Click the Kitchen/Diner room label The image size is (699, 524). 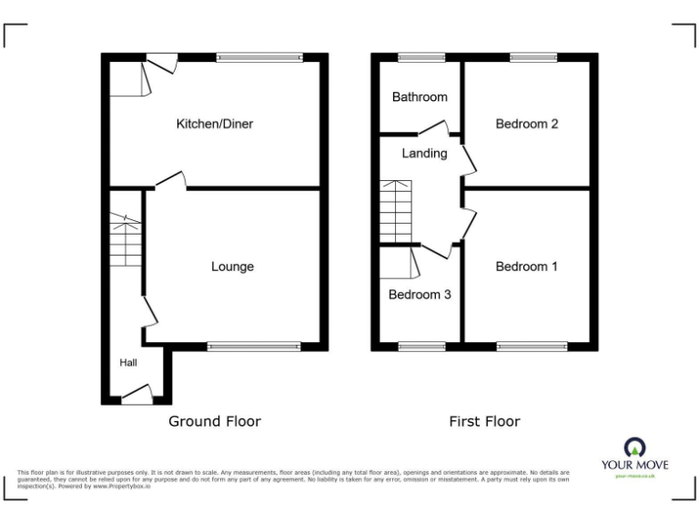point(214,124)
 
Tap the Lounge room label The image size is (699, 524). point(232,267)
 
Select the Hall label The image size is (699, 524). point(127,363)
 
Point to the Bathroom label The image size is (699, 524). point(420,97)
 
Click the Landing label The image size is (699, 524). point(424,154)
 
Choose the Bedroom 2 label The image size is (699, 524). point(526,124)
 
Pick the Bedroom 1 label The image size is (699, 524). point(526,267)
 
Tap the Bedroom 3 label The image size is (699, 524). point(420,295)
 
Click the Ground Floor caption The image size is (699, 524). point(215,421)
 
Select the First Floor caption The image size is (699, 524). point(484,421)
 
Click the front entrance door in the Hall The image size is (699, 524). point(137,394)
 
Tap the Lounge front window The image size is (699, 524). point(254,346)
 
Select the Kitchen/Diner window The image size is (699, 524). point(258,57)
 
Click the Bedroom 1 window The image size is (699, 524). point(532,346)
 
